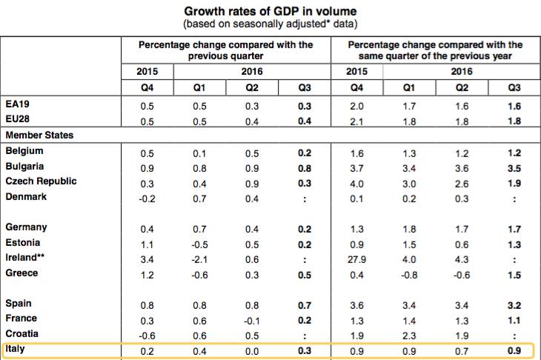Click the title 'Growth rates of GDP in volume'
[270, 11]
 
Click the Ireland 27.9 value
[356, 260]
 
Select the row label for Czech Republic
[41, 181]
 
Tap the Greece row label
[21, 273]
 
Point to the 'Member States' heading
[39, 135]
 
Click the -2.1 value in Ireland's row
[199, 260]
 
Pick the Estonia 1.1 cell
[147, 245]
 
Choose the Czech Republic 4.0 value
[356, 184]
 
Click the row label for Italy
[15, 349]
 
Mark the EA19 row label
[17, 104]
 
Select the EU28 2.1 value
[356, 121]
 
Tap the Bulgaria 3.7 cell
[356, 169]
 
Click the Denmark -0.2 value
[147, 199]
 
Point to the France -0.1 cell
[252, 321]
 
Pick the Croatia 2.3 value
[409, 336]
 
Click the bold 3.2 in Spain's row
[514, 305]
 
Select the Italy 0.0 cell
[252, 351]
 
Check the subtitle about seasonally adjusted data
[270, 24]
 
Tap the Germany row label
[26, 227]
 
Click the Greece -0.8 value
[409, 275]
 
